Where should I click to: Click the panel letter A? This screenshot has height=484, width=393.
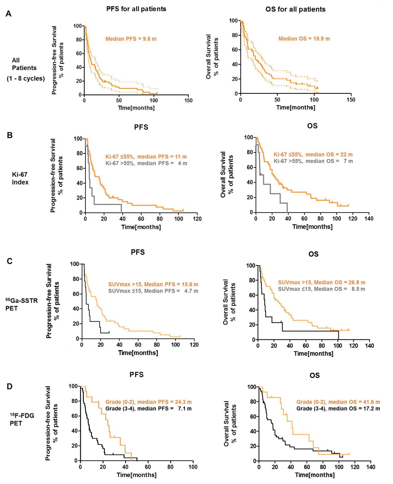coord(8,14)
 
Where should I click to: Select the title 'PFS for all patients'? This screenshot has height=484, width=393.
coord(136,9)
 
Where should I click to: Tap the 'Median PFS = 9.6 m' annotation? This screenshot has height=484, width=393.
coord(131,39)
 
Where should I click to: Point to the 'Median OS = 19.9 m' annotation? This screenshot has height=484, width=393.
coord(304,39)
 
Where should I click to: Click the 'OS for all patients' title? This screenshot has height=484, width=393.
coord(296,10)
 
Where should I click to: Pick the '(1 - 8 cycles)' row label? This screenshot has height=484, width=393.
coord(26,78)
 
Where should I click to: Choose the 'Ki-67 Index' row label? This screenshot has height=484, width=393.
coord(20,178)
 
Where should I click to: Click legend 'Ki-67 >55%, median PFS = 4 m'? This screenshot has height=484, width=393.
coord(146,163)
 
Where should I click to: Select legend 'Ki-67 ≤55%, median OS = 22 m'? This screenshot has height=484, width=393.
coord(313,154)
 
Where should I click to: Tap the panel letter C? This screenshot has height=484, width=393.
coord(10,261)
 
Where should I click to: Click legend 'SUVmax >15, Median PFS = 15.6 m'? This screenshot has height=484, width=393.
coord(153,284)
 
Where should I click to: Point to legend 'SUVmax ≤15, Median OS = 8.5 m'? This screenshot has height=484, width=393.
coord(321,289)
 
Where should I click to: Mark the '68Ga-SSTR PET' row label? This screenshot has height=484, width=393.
coord(21,304)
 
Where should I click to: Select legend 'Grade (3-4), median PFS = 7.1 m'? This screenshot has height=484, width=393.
coord(148,409)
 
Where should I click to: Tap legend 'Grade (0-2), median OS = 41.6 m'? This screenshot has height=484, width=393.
coord(338,402)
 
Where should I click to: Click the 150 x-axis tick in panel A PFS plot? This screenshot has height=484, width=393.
coord(188,100)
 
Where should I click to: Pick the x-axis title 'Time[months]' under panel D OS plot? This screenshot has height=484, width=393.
coord(315,475)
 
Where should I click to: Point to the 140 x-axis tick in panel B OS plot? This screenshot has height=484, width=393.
coord(369,218)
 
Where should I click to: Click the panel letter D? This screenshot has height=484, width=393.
coord(10,386)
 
